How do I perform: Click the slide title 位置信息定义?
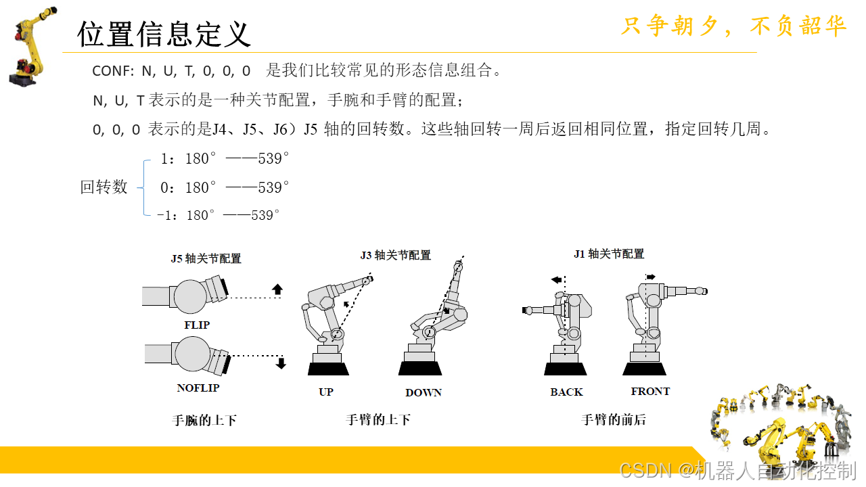point(164,34)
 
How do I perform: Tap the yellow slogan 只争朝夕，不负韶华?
point(734,26)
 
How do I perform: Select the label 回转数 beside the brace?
point(104,187)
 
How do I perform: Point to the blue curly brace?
point(143,187)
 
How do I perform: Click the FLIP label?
point(197,325)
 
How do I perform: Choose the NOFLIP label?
point(198,388)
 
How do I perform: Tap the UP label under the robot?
point(326,392)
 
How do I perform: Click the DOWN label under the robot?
point(424,393)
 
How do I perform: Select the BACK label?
point(566,392)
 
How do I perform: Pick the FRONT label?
point(650,391)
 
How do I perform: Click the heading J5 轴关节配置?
point(206,258)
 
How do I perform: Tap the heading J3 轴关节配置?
point(396,255)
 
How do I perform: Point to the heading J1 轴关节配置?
point(609,254)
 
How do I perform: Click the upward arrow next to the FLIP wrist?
point(277,289)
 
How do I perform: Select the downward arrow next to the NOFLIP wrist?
point(281,363)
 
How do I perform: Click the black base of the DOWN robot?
point(420,369)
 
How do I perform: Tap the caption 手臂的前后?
point(614,420)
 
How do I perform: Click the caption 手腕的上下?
point(204,420)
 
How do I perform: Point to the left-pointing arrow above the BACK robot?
point(556,279)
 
